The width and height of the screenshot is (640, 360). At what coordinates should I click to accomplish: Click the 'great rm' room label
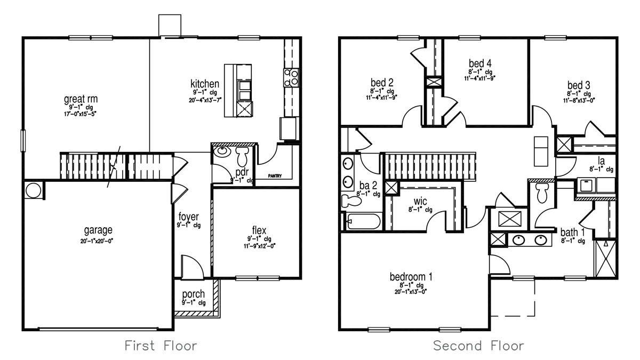click(81, 99)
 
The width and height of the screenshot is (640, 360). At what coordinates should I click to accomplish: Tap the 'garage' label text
click(98, 230)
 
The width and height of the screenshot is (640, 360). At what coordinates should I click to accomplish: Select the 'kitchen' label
click(205, 84)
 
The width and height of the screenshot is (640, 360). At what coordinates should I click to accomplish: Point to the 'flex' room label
click(259, 230)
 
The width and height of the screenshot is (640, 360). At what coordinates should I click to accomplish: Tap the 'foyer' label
click(189, 217)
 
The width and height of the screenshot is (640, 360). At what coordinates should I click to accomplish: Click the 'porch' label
click(194, 295)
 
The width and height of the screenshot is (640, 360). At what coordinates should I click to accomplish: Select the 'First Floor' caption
click(161, 346)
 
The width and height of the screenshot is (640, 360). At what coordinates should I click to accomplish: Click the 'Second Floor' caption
click(478, 346)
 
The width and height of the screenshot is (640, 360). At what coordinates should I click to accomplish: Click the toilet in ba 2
click(350, 201)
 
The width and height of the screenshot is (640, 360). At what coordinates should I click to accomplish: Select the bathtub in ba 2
click(363, 221)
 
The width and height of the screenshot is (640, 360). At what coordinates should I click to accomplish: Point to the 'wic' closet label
click(419, 202)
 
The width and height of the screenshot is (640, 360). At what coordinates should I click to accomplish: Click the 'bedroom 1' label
click(411, 277)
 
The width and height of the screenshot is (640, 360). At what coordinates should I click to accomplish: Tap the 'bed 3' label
click(578, 85)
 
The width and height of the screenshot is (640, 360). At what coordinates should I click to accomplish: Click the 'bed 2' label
click(382, 83)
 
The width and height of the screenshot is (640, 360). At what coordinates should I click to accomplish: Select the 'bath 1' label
click(573, 232)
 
